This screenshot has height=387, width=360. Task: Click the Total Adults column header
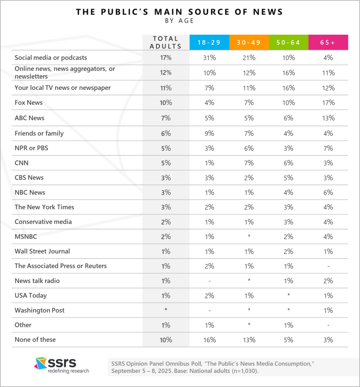tap(166, 42)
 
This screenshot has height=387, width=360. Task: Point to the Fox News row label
tap(29, 102)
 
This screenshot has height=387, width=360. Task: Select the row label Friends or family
tap(39, 133)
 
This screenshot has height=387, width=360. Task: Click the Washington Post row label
tap(39, 310)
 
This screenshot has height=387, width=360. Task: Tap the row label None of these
tap(35, 339)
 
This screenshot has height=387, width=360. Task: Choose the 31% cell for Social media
tap(209, 58)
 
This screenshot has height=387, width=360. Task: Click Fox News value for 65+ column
tap(328, 102)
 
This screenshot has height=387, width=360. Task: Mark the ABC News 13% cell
tap(328, 118)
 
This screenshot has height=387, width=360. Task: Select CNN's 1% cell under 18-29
tap(209, 163)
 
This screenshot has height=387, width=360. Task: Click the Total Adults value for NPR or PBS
tap(166, 148)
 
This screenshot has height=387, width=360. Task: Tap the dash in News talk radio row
tap(209, 281)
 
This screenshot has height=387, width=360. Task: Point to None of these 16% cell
tap(209, 339)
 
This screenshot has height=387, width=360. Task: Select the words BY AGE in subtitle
tap(180, 20)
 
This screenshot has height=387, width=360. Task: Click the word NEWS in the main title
tap(266, 11)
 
